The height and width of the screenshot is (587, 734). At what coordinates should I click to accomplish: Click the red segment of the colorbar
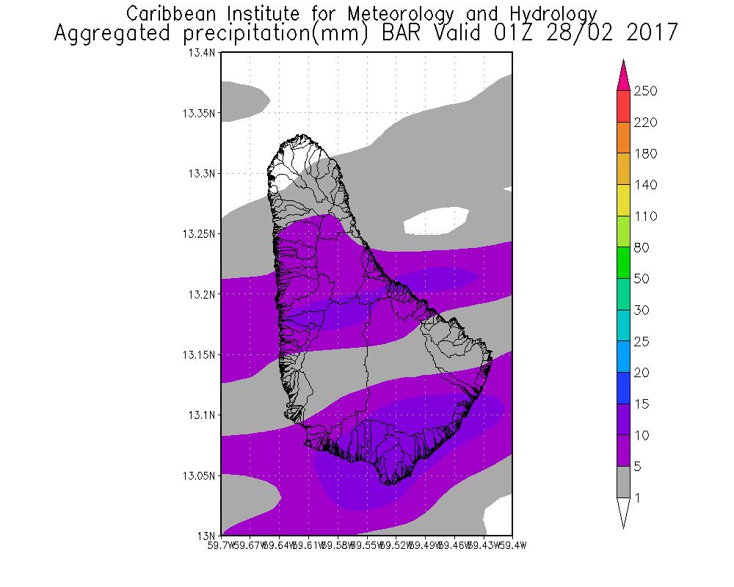click(x=624, y=106)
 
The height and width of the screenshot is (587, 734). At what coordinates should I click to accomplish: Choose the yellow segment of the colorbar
click(x=624, y=200)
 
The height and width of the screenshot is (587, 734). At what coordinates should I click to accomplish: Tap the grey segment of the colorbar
click(x=624, y=482)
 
